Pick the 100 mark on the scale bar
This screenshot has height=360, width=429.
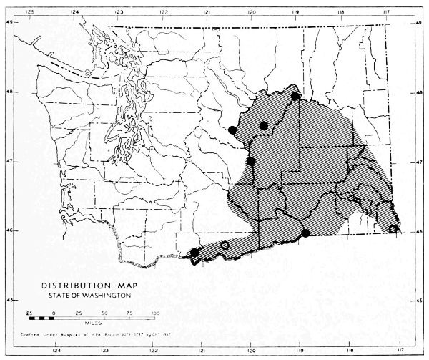(155, 313)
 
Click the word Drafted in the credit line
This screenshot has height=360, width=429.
(37, 334)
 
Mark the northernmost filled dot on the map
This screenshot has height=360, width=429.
(295, 96)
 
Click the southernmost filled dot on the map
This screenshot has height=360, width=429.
(194, 252)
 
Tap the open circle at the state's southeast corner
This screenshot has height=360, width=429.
(393, 229)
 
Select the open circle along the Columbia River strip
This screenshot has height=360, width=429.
(225, 245)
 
